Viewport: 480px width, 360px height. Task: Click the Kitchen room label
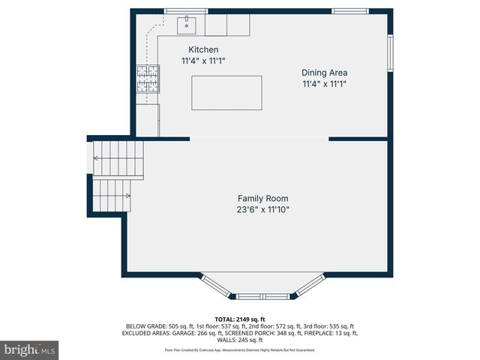point(203,49)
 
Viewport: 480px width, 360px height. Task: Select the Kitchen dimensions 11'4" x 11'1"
point(203,61)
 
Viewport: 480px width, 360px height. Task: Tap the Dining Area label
point(324,73)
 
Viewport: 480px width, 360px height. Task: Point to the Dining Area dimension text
point(324,84)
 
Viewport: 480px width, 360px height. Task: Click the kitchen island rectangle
point(226,93)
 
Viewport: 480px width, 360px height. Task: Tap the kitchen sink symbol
point(185,25)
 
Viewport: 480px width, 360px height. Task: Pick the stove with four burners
point(147,79)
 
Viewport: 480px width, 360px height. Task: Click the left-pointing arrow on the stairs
point(97,158)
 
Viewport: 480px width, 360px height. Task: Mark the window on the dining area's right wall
point(390,52)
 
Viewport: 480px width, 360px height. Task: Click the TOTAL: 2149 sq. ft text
point(240,319)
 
